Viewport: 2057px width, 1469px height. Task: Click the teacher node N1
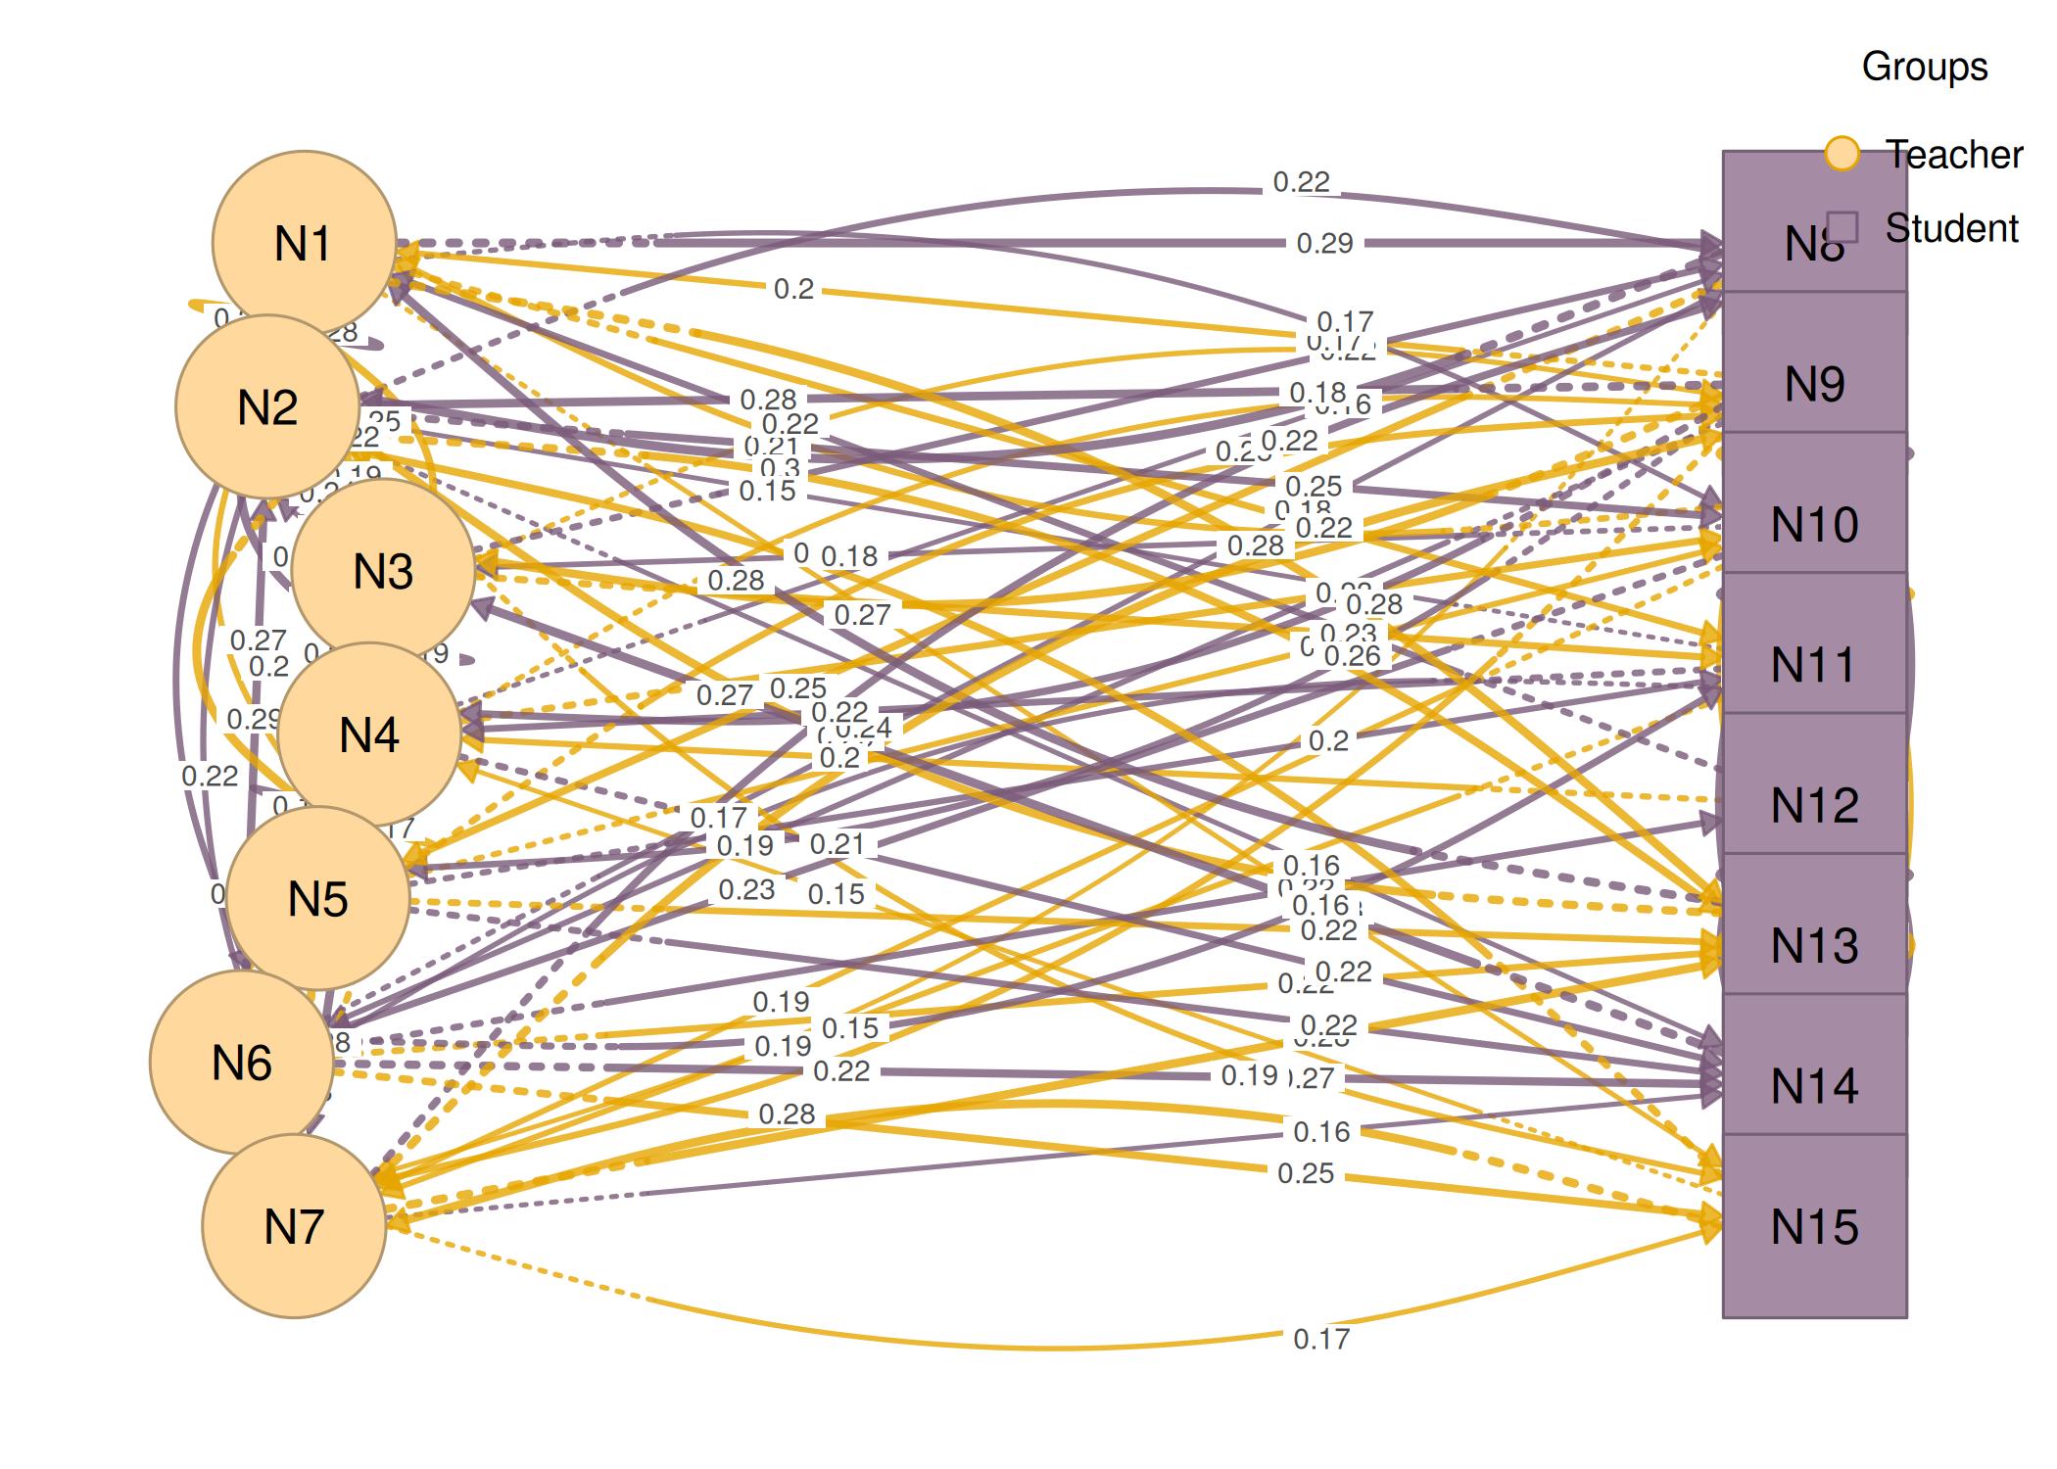coord(304,242)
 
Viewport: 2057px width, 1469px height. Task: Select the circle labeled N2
coord(267,406)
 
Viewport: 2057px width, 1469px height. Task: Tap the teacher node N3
coord(383,570)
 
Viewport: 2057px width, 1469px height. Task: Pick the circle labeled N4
coord(369,734)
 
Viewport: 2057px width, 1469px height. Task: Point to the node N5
coord(318,898)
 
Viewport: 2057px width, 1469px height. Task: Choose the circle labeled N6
coord(241,1063)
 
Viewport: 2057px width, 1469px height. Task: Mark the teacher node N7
coord(294,1226)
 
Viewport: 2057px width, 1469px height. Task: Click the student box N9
coord(1814,384)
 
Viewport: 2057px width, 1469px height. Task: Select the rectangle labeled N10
coord(1814,524)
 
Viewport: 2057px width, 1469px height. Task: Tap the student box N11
coord(1814,665)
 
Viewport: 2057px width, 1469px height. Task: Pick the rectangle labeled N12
coord(1814,805)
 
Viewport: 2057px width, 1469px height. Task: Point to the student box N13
coord(1814,945)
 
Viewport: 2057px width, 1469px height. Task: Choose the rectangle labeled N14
coord(1814,1085)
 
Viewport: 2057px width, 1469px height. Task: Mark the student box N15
coord(1814,1226)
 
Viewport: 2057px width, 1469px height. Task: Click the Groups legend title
coord(1924,67)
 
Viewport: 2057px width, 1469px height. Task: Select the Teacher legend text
coord(1953,154)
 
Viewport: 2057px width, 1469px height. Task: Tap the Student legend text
coord(1951,228)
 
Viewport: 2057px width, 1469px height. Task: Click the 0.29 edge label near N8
coord(1324,243)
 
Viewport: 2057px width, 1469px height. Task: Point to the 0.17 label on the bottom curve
coord(1321,1339)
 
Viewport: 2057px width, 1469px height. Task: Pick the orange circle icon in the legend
coord(1842,154)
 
